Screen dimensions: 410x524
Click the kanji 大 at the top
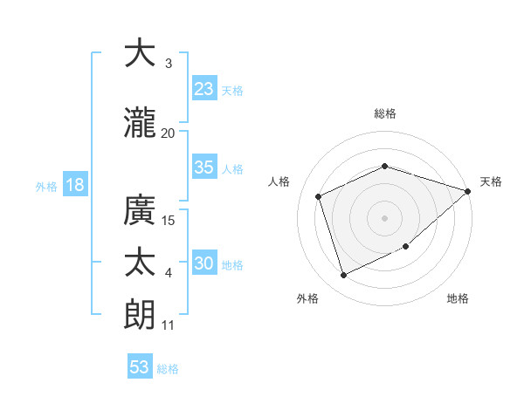pyautogui.click(x=140, y=53)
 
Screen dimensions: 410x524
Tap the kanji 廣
pyautogui.click(x=140, y=210)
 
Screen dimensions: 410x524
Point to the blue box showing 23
pyautogui.click(x=204, y=88)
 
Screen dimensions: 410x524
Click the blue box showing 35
pyautogui.click(x=204, y=167)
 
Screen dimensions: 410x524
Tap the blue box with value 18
pyautogui.click(x=74, y=185)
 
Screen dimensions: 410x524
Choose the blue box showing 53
pyautogui.click(x=140, y=367)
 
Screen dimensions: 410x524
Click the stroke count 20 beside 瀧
pyautogui.click(x=169, y=133)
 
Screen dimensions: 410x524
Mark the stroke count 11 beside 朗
pyautogui.click(x=169, y=325)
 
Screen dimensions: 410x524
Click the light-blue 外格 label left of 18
pyautogui.click(x=46, y=186)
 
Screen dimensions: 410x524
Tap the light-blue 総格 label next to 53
pyautogui.click(x=168, y=369)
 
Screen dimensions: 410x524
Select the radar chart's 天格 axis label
pyautogui.click(x=492, y=181)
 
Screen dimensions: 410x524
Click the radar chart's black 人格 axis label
pyautogui.click(x=279, y=181)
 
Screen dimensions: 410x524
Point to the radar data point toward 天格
pyautogui.click(x=468, y=191)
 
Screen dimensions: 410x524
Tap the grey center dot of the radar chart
pyautogui.click(x=384, y=218)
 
